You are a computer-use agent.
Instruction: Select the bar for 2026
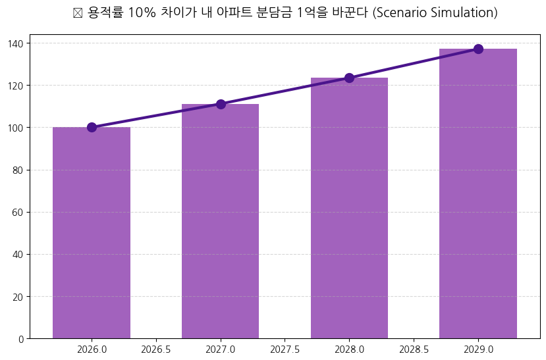click(x=92, y=233)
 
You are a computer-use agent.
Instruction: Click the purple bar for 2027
click(x=220, y=221)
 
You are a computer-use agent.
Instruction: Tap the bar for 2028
click(x=349, y=208)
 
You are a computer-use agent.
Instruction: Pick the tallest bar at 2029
click(x=478, y=193)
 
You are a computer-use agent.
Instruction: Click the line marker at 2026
click(x=92, y=127)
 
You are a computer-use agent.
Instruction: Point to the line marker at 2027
click(x=221, y=104)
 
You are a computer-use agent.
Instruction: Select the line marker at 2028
click(x=349, y=78)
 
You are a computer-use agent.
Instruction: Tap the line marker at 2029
click(x=478, y=49)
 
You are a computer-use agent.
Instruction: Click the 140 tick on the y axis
click(x=16, y=43)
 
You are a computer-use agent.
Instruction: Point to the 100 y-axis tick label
click(x=16, y=128)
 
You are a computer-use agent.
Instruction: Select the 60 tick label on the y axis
click(x=18, y=212)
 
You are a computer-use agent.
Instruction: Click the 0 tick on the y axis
click(x=21, y=339)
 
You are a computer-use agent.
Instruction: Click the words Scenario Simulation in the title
click(x=435, y=13)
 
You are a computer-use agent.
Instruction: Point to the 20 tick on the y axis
click(x=18, y=297)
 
